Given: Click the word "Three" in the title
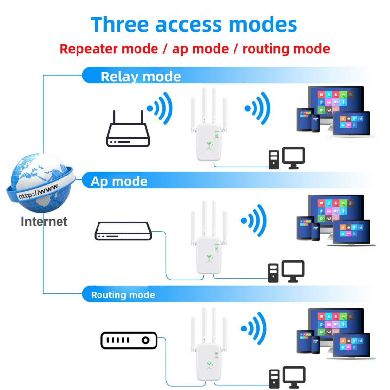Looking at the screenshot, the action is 119,24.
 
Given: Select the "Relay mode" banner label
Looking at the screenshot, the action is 141,77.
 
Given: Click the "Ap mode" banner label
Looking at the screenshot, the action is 119,181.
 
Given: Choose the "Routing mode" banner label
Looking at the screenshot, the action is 123,295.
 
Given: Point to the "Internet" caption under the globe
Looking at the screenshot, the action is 44,222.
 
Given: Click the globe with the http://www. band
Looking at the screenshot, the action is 40,183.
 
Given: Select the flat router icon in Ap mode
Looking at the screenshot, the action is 123,231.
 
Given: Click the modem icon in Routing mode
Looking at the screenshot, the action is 129,340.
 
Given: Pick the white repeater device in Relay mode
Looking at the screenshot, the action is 209,124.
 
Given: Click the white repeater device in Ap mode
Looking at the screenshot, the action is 209,237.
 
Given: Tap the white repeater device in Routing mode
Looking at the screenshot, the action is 209,344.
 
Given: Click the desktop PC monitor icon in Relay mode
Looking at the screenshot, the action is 293,157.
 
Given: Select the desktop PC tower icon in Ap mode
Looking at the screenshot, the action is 273,273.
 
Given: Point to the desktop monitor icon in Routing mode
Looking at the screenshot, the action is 294,377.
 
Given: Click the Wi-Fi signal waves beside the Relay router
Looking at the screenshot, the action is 160,108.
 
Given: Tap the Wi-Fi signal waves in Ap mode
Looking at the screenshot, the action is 253,220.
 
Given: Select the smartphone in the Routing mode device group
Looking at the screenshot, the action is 315,345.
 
